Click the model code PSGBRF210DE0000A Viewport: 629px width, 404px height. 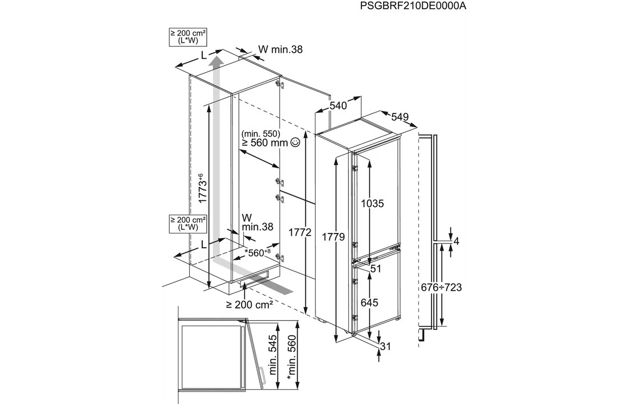click(414, 6)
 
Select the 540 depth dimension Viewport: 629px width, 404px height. click(338, 106)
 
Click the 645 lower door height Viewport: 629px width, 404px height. click(368, 302)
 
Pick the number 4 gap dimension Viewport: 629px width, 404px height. click(457, 241)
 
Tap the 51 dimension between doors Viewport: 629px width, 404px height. click(375, 268)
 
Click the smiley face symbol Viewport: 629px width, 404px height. click(295, 143)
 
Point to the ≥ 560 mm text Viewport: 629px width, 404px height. click(264, 143)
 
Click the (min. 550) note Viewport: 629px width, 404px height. click(261, 133)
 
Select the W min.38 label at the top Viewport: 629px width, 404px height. click(280, 50)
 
